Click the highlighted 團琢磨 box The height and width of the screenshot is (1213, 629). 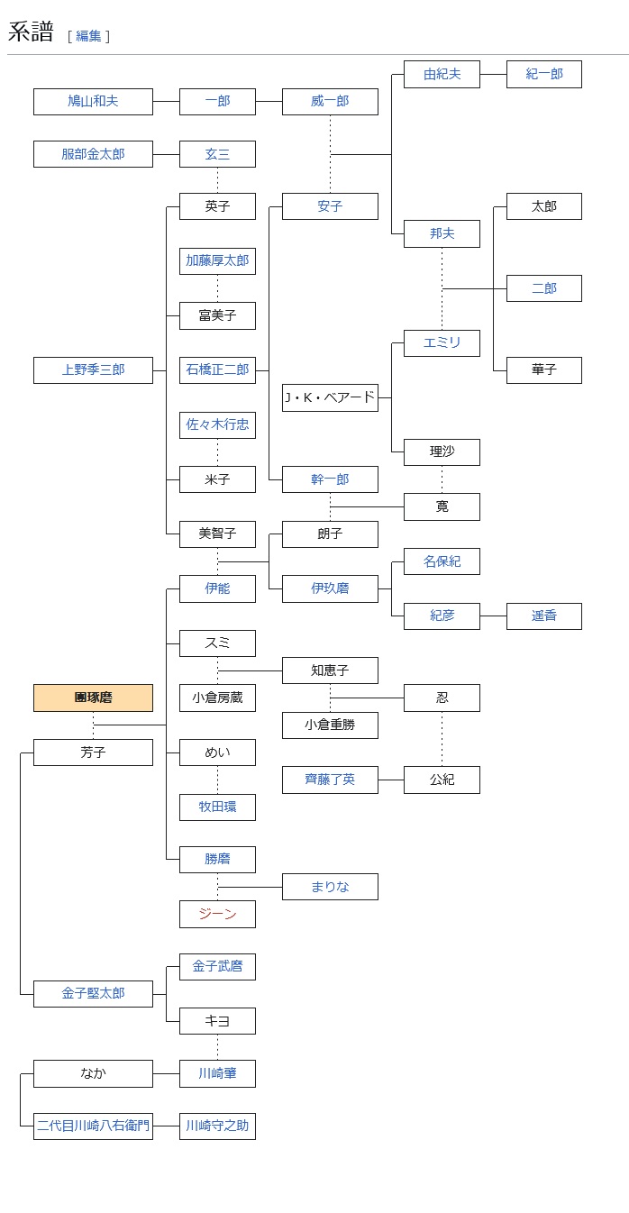click(x=93, y=698)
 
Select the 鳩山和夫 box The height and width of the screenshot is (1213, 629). click(x=93, y=101)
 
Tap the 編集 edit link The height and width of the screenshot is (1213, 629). click(x=88, y=36)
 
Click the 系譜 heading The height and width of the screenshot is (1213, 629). click(x=31, y=32)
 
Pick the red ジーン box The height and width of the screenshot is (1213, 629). click(x=217, y=914)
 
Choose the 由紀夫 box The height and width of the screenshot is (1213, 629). click(x=442, y=74)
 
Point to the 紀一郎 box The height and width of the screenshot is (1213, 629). click(x=543, y=74)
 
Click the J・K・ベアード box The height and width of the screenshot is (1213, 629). click(x=330, y=397)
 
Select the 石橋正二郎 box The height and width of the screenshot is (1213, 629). click(x=217, y=369)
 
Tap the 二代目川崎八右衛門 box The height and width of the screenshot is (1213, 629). click(x=93, y=1126)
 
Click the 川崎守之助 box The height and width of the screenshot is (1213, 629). click(x=217, y=1126)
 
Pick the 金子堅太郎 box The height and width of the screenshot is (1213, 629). click(x=93, y=993)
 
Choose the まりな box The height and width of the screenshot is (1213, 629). click(x=330, y=887)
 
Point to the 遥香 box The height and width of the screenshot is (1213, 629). click(x=543, y=616)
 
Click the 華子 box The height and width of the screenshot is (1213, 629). click(x=543, y=369)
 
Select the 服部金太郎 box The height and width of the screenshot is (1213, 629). click(x=93, y=154)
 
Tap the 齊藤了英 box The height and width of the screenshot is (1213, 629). click(x=330, y=780)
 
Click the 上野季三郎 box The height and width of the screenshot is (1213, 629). click(x=93, y=369)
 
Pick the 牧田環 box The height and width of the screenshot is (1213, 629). click(x=217, y=807)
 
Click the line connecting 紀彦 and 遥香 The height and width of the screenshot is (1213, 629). click(x=493, y=616)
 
